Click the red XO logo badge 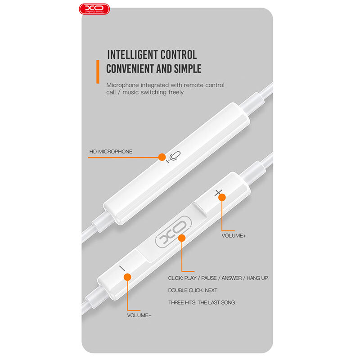(94, 9)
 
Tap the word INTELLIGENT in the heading (132, 55)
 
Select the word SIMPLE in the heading (188, 69)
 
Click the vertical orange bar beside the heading (98, 72)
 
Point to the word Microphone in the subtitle (122, 85)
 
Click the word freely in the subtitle (176, 92)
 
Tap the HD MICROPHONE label (111, 152)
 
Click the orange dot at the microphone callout (162, 157)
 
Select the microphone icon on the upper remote (174, 157)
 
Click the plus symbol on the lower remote (218, 193)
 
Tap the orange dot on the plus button (222, 198)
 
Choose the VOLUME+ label (234, 236)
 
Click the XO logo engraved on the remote (174, 232)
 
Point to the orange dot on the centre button (182, 238)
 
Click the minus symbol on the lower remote (122, 268)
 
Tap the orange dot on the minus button (127, 277)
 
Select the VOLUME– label (139, 315)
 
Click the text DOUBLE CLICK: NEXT (193, 290)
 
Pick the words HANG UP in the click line (257, 278)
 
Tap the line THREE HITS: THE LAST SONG (201, 302)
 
